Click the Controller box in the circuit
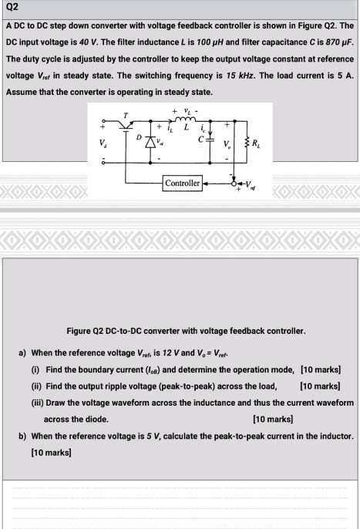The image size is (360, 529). [x=182, y=184]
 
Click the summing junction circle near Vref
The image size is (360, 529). [x=236, y=184]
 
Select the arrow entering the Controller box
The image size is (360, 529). [x=207, y=184]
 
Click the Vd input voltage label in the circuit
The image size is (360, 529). [x=101, y=141]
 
